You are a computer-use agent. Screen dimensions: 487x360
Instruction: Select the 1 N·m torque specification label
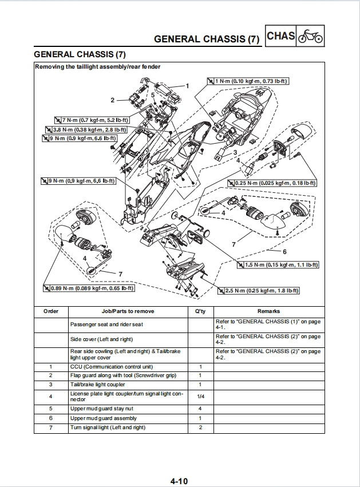(247, 81)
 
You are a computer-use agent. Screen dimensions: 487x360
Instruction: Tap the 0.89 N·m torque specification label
(89, 288)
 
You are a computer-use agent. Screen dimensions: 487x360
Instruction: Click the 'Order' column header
(51, 311)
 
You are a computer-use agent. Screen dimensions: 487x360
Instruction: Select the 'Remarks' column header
(268, 311)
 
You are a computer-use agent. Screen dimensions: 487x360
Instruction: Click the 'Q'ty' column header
(200, 311)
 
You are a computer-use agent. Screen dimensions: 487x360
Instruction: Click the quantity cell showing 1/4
(200, 396)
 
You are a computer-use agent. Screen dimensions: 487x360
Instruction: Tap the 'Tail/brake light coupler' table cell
(97, 385)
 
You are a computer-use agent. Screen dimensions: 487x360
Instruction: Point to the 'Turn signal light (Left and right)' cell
(108, 427)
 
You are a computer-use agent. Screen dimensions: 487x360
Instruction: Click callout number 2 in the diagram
(113, 100)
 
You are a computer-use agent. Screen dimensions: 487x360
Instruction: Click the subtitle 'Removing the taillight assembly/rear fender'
(98, 67)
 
